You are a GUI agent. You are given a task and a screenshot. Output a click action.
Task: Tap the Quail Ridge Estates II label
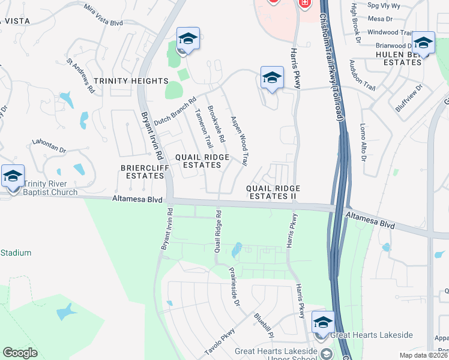[273, 192]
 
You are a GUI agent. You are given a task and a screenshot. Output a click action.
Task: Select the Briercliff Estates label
[145, 172]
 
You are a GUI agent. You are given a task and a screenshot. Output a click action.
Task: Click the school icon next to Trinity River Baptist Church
[13, 176]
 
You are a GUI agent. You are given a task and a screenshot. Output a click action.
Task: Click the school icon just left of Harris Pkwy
[272, 77]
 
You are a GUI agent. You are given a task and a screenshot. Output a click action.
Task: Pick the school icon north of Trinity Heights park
[188, 39]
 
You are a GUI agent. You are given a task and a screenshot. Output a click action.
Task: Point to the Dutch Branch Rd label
[175, 112]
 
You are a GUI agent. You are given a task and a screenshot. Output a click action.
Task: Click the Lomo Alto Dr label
[363, 143]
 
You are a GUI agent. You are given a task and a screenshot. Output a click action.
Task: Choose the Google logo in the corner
[20, 353]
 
